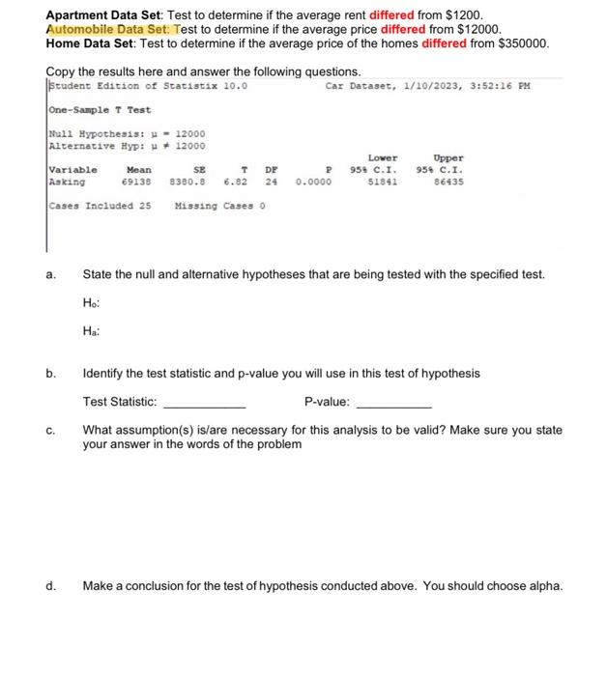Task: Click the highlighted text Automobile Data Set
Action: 106,30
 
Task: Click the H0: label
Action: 92,302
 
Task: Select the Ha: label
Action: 92,330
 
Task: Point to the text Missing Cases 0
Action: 219,205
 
